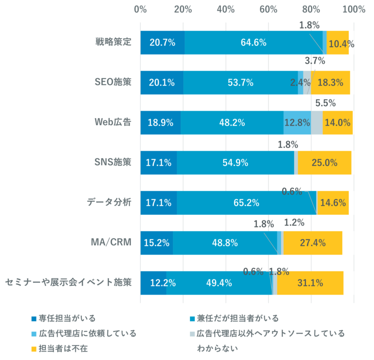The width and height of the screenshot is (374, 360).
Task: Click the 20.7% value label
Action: point(162,42)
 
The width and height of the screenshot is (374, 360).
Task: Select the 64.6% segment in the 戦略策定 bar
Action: point(253,42)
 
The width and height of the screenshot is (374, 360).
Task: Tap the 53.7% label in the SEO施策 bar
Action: point(240,83)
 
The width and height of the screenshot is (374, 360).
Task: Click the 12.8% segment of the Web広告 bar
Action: point(297,123)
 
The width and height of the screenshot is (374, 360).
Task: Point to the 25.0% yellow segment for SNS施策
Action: point(324,162)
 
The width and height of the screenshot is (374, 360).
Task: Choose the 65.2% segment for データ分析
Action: point(246,203)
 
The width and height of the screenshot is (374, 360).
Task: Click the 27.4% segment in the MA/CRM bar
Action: point(313,243)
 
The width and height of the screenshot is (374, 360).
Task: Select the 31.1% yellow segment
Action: point(310,283)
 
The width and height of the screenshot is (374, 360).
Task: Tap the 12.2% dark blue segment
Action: point(153,283)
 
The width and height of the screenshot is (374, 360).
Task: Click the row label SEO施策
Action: point(113,82)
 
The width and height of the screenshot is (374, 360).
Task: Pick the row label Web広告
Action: point(113,122)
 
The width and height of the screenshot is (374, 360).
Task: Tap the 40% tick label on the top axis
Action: point(226,9)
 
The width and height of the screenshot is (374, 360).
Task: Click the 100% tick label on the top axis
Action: point(354,9)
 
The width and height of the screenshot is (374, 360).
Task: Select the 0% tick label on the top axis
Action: point(140,9)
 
